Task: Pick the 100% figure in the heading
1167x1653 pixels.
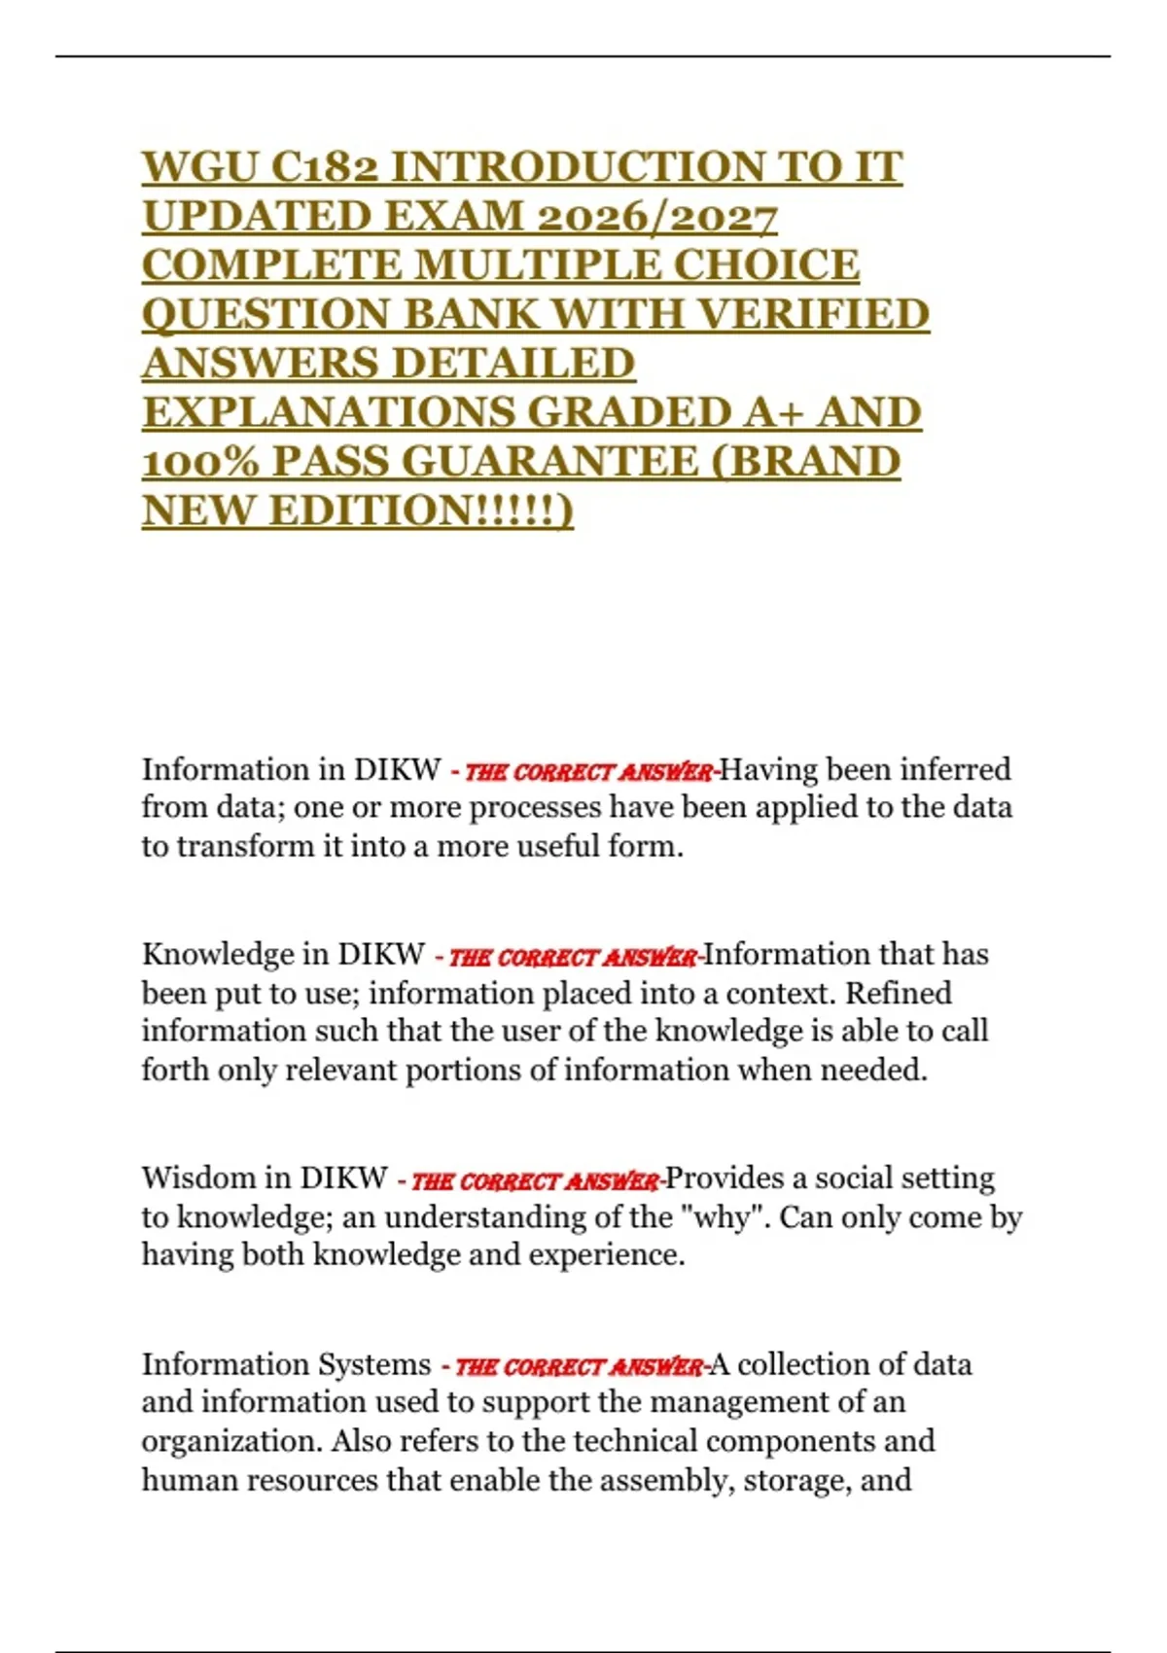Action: (x=200, y=462)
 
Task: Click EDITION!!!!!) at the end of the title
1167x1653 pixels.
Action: (x=421, y=510)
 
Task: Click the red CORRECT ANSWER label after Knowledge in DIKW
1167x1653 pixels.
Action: (x=573, y=958)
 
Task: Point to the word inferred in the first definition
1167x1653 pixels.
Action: (x=956, y=770)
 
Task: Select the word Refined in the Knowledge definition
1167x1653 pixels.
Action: (x=899, y=994)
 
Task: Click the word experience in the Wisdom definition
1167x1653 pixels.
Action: (x=603, y=1255)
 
